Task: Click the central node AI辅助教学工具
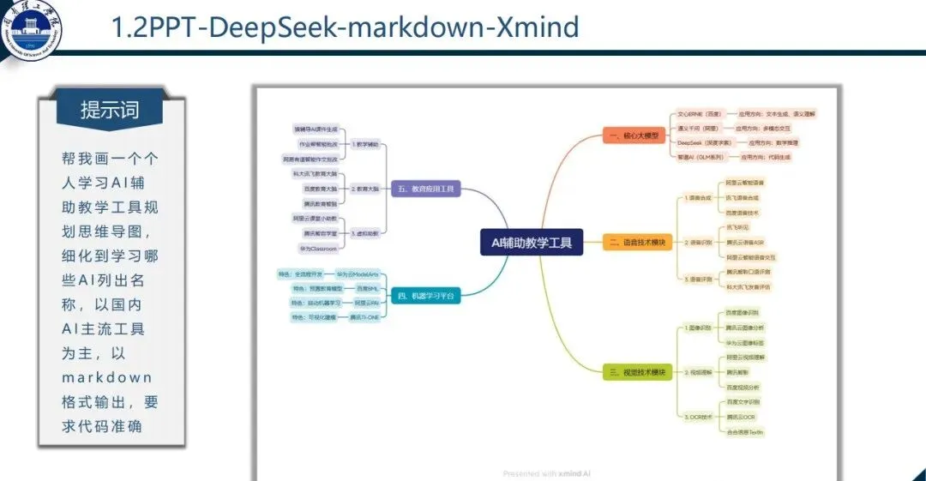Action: tap(531, 244)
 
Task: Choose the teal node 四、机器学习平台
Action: tap(426, 296)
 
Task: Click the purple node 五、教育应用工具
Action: tap(426, 189)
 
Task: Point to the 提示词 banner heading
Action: tap(110, 111)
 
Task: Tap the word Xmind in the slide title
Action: tap(536, 27)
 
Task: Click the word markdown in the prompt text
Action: tap(106, 377)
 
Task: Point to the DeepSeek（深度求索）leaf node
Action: tap(705, 142)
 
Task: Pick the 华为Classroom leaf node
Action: tap(318, 248)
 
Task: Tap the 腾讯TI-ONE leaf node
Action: tap(364, 317)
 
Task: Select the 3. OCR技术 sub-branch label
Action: tap(699, 417)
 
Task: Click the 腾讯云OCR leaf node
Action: tap(741, 417)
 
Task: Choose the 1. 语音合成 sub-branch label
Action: tap(699, 197)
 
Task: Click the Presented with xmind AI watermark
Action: tap(546, 473)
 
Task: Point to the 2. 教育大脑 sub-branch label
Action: tap(364, 189)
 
